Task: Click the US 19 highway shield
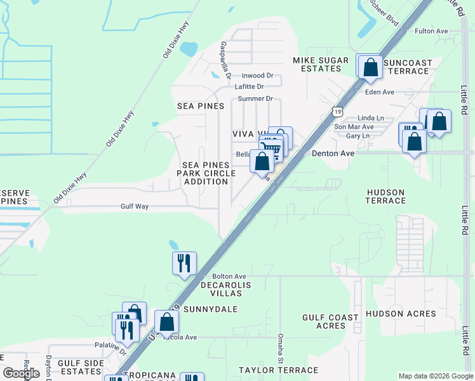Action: (337, 112)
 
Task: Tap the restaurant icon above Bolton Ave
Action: (184, 263)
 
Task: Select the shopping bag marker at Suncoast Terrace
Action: (370, 67)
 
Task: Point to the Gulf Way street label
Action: (135, 206)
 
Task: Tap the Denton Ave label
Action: (333, 154)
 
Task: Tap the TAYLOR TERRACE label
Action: (278, 370)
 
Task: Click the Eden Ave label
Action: (380, 92)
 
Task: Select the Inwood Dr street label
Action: (257, 76)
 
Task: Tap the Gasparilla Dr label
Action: (224, 57)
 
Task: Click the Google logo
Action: (22, 373)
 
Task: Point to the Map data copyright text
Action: (436, 376)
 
